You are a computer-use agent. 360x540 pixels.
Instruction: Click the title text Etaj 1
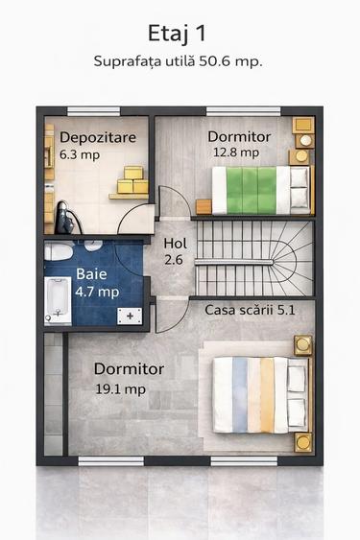pos(180,35)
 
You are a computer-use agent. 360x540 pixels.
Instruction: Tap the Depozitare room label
pos(98,137)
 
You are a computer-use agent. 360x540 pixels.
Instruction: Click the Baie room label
pos(91,274)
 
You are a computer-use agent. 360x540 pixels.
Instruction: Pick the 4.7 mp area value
pos(97,292)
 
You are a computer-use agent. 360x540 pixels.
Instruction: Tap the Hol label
pos(175,244)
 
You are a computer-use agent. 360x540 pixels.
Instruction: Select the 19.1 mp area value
pos(120,388)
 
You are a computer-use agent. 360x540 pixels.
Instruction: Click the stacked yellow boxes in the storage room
pos(132,180)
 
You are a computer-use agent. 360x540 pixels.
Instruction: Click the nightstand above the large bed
pos(303,344)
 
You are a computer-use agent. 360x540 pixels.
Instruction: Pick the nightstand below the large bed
pos(303,441)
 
